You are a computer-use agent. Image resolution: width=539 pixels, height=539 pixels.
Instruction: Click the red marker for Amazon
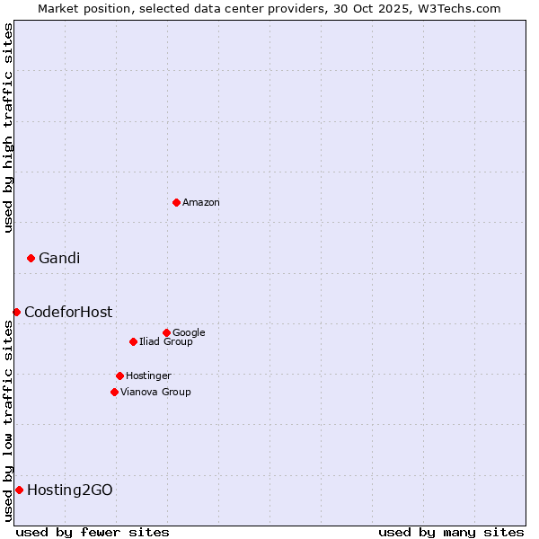pos(176,202)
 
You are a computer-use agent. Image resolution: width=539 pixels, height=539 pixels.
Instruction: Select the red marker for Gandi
pos(31,258)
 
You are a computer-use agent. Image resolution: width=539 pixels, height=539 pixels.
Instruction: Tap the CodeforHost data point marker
pos(16,312)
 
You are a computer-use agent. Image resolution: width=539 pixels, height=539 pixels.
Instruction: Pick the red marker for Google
pos(166,332)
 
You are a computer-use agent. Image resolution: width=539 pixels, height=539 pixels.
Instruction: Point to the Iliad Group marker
pos(133,341)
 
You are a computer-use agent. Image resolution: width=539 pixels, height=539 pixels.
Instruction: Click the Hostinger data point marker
pos(119,376)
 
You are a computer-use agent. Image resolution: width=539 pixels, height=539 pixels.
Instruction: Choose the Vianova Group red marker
pos(114,392)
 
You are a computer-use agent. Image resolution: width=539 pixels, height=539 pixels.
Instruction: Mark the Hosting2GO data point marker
pos(19,490)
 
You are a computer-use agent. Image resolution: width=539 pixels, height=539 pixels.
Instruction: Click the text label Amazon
pos(201,203)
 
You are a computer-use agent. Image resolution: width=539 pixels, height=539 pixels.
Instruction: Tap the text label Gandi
pos(59,259)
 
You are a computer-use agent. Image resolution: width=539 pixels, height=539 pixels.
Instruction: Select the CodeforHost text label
pos(68,313)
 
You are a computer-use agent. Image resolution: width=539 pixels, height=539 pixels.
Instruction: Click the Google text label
pos(189,333)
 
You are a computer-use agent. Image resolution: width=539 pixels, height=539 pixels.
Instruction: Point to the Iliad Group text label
pos(166,342)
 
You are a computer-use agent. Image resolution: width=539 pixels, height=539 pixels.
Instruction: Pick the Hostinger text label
pos(148,376)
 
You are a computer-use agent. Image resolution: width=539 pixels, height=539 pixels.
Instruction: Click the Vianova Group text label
pos(155,393)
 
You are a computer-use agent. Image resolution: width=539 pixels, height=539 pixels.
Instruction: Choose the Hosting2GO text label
pos(70,490)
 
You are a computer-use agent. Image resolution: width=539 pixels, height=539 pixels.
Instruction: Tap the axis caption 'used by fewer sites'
pos(93,532)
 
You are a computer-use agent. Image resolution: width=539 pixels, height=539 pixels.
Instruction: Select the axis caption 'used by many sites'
pos(451,532)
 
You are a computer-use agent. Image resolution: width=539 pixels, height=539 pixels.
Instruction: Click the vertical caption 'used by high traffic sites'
pos(9,128)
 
